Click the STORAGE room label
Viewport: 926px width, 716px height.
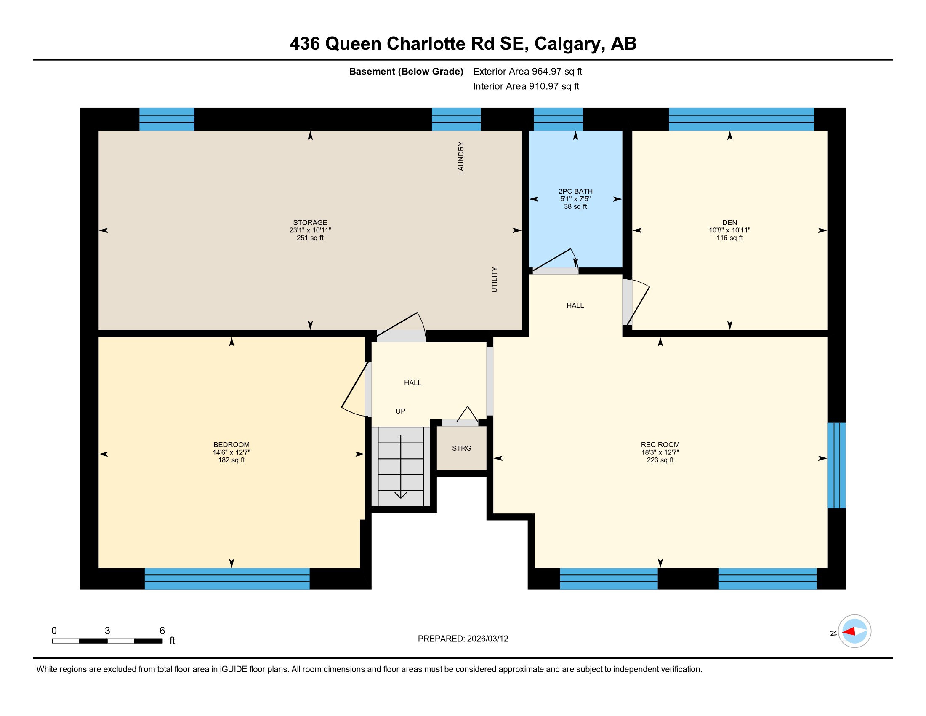[x=310, y=223]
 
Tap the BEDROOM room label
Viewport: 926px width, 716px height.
[x=231, y=445]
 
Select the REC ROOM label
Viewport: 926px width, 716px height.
[x=660, y=445]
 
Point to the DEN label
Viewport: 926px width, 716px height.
[x=730, y=223]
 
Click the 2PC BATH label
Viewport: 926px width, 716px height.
[x=575, y=191]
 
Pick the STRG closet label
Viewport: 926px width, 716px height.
[x=462, y=449]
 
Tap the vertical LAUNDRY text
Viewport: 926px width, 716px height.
[x=461, y=158]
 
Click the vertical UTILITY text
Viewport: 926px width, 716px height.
[x=495, y=280]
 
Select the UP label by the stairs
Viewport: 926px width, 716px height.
[x=400, y=411]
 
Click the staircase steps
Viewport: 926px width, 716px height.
[x=401, y=467]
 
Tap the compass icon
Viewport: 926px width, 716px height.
[x=854, y=631]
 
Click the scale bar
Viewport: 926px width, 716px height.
[x=107, y=641]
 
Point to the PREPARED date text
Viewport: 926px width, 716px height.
[x=463, y=639]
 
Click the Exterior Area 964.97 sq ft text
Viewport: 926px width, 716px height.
[x=527, y=72]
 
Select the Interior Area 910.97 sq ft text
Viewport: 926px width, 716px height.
[x=526, y=86]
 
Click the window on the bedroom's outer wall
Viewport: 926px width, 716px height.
[x=227, y=579]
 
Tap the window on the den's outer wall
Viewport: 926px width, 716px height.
[x=741, y=119]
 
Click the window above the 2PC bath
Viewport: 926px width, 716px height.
[x=558, y=119]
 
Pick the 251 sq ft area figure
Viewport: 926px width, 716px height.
[x=310, y=238]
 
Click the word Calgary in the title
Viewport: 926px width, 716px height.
[x=567, y=44]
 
